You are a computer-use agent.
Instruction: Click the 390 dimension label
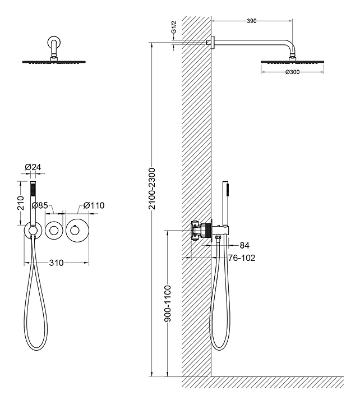(251, 21)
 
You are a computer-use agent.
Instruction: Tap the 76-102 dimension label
(242, 259)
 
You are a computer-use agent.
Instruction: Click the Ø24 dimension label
(33, 167)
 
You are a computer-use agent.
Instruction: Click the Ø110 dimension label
(93, 205)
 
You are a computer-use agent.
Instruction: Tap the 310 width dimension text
(56, 263)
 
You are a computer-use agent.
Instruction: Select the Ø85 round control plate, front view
(54, 230)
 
